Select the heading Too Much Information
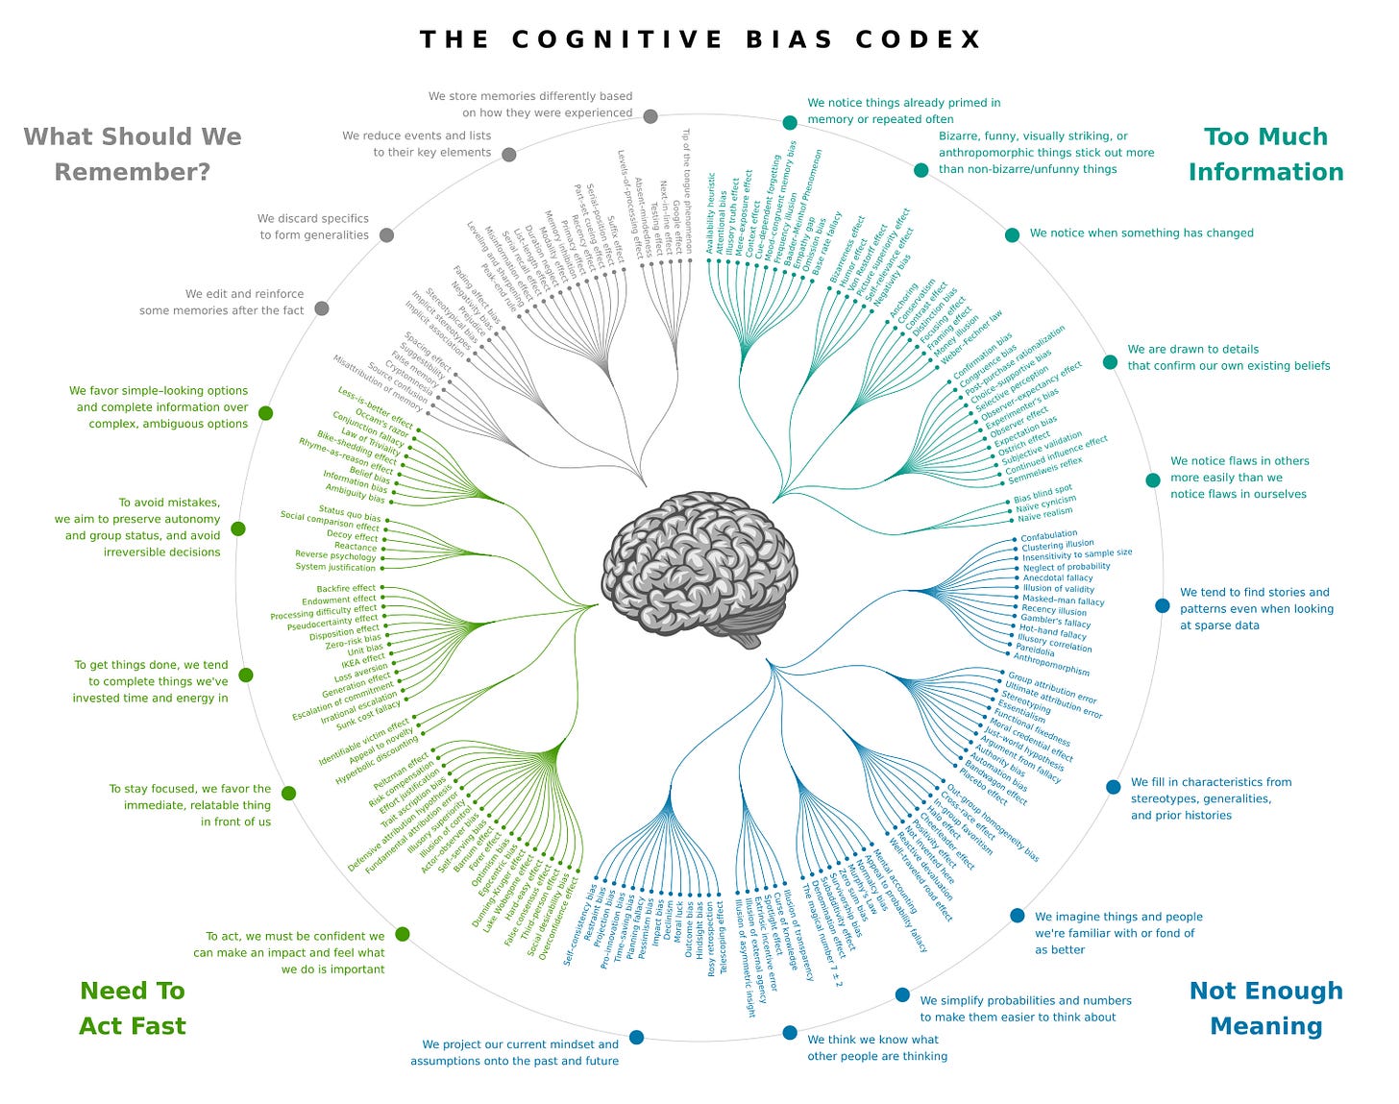point(1265,154)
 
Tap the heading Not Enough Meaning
point(1265,1008)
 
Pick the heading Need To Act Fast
point(133,1008)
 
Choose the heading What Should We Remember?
point(133,154)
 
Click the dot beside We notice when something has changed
point(1012,235)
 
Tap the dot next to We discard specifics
point(386,235)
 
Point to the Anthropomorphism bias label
point(1051,665)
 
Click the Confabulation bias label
point(1048,535)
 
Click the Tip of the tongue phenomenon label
point(686,191)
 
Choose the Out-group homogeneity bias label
point(993,822)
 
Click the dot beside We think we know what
point(790,1033)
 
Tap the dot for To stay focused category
point(288,794)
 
